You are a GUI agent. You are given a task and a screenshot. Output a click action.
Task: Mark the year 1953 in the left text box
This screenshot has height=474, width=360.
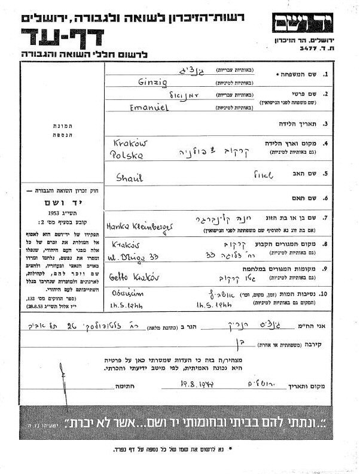[58, 212]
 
